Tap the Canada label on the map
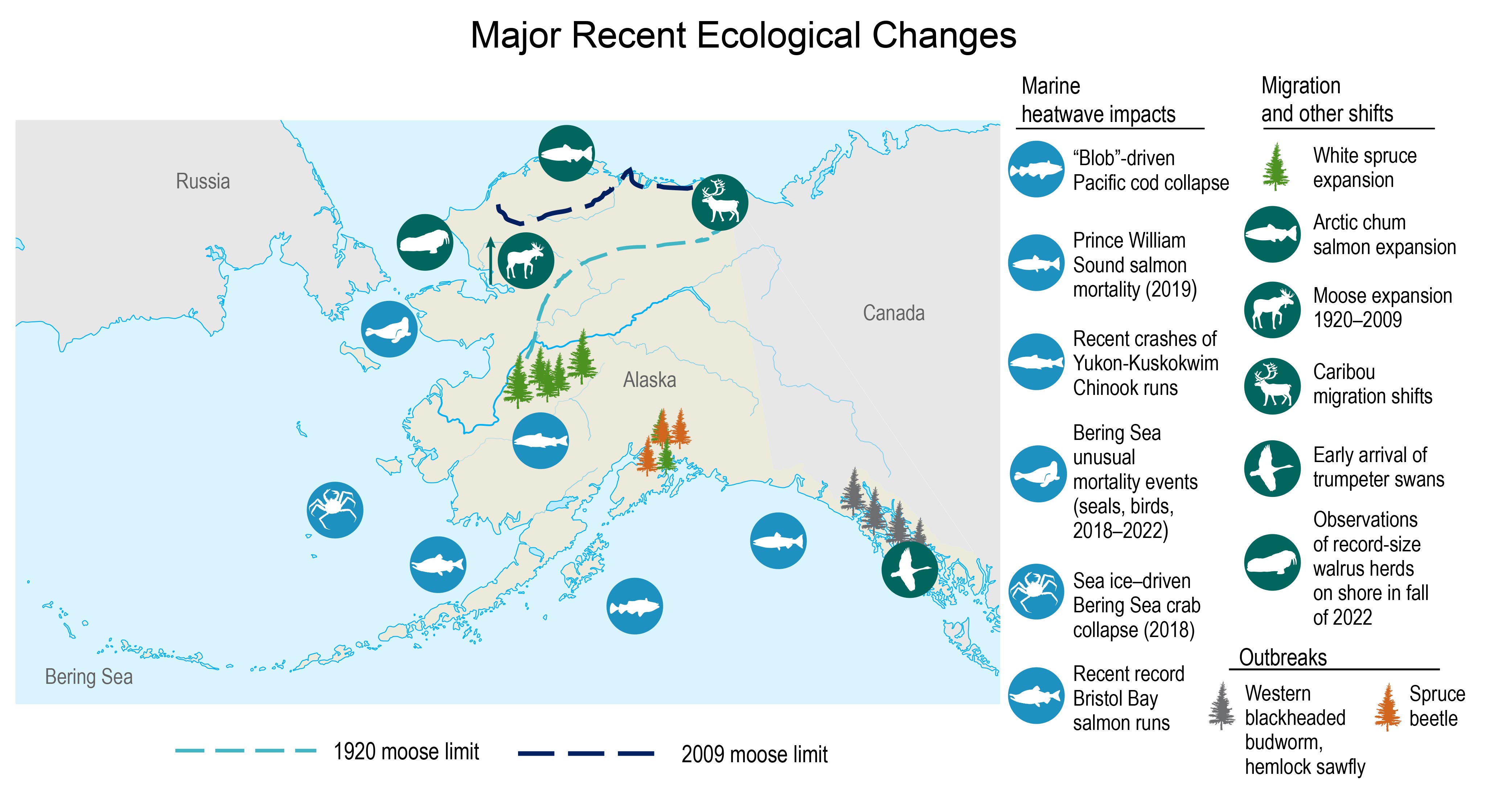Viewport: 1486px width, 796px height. (x=894, y=313)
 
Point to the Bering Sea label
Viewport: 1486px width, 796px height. (x=89, y=677)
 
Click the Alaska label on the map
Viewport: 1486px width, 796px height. (x=649, y=380)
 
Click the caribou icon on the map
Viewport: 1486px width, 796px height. (x=720, y=203)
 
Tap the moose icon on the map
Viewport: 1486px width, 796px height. (x=526, y=261)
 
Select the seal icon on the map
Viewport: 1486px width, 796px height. (x=389, y=329)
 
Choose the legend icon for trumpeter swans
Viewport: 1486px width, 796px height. (x=1272, y=468)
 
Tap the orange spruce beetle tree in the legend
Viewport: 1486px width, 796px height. (x=1387, y=707)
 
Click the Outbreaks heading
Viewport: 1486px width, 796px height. (x=1283, y=657)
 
